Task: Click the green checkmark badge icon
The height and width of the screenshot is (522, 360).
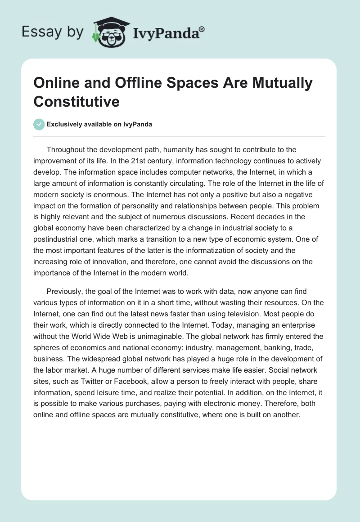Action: tap(39, 124)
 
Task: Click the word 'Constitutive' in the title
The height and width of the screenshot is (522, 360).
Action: tap(76, 102)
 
